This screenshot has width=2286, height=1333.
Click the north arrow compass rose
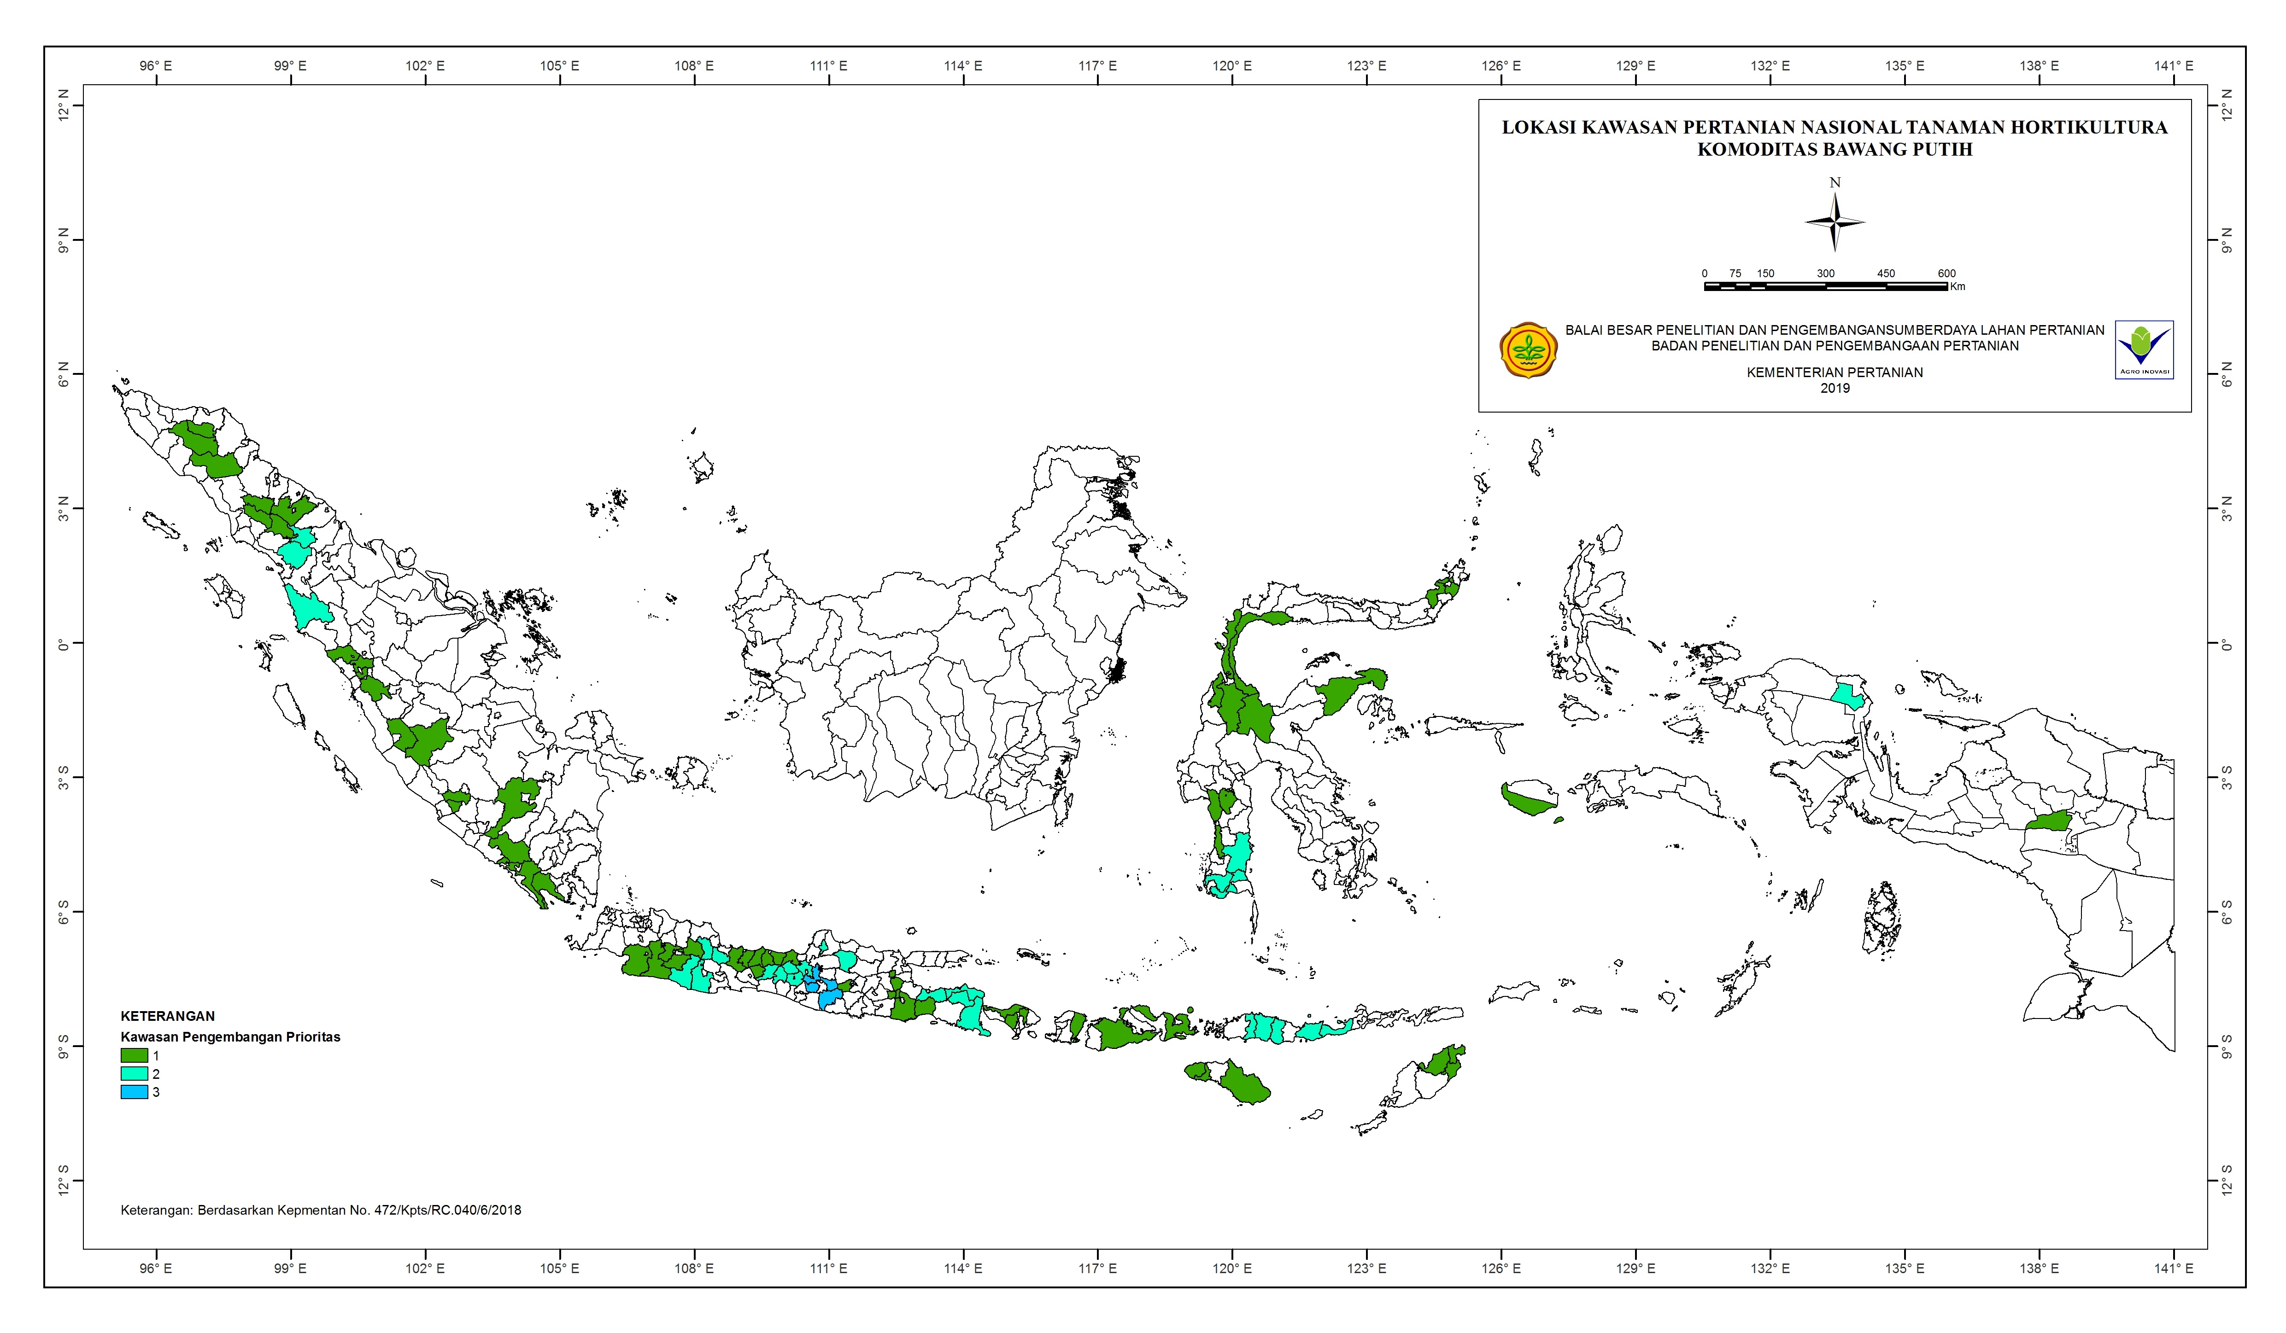pos(1834,221)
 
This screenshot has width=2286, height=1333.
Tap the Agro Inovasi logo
pos(2144,349)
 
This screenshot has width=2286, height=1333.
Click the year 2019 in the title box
pos(1834,388)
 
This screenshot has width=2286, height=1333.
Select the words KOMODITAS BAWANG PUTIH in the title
pos(1834,150)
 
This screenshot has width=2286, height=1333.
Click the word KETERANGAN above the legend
pos(168,1017)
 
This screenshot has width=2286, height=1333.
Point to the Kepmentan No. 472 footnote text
pos(321,1210)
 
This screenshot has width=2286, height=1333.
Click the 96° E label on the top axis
pos(156,66)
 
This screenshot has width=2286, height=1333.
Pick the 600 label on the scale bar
pos(1946,273)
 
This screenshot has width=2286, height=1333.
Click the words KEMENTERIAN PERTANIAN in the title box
pos(1834,372)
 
